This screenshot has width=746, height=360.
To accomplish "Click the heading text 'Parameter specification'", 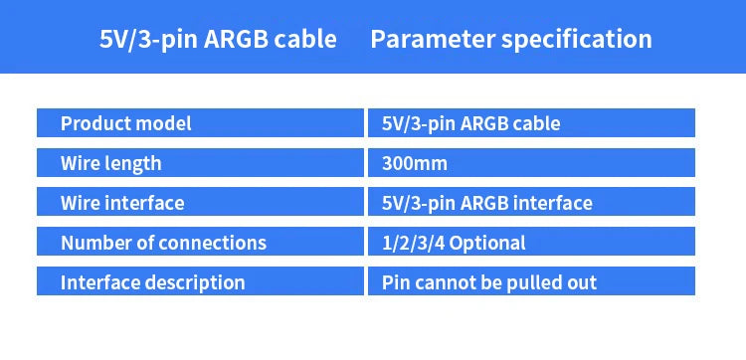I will pos(510,40).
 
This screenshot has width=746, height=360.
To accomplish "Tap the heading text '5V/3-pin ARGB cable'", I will pos(218,40).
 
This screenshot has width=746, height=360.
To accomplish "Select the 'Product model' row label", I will pos(125,124).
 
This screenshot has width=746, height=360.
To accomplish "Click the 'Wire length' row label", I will pos(110,163).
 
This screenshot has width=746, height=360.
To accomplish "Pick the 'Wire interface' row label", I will pos(122,203).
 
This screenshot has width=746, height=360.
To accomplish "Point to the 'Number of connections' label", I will pos(163,243).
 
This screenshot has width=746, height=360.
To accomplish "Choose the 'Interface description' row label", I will pos(152,282).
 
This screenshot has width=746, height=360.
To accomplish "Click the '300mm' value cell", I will pos(415,163).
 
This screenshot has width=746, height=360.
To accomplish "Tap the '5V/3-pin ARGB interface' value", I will pos(486,203).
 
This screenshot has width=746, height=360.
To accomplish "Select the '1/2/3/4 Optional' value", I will pos(453,243).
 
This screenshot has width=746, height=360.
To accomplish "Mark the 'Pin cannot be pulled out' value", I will pos(488,282).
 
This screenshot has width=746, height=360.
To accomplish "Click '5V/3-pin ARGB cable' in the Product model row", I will pos(470,124).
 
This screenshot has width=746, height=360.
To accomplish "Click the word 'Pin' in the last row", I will pos(396,282).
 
